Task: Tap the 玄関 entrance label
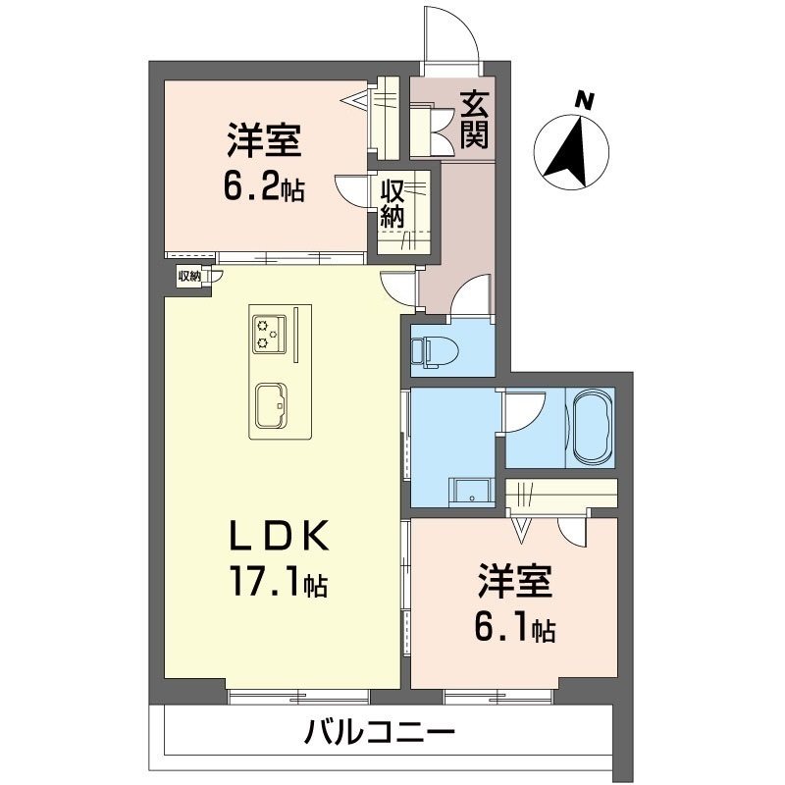click(475, 120)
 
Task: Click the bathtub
click(591, 427)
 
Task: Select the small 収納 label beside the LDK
click(189, 277)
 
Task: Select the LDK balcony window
click(298, 696)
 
